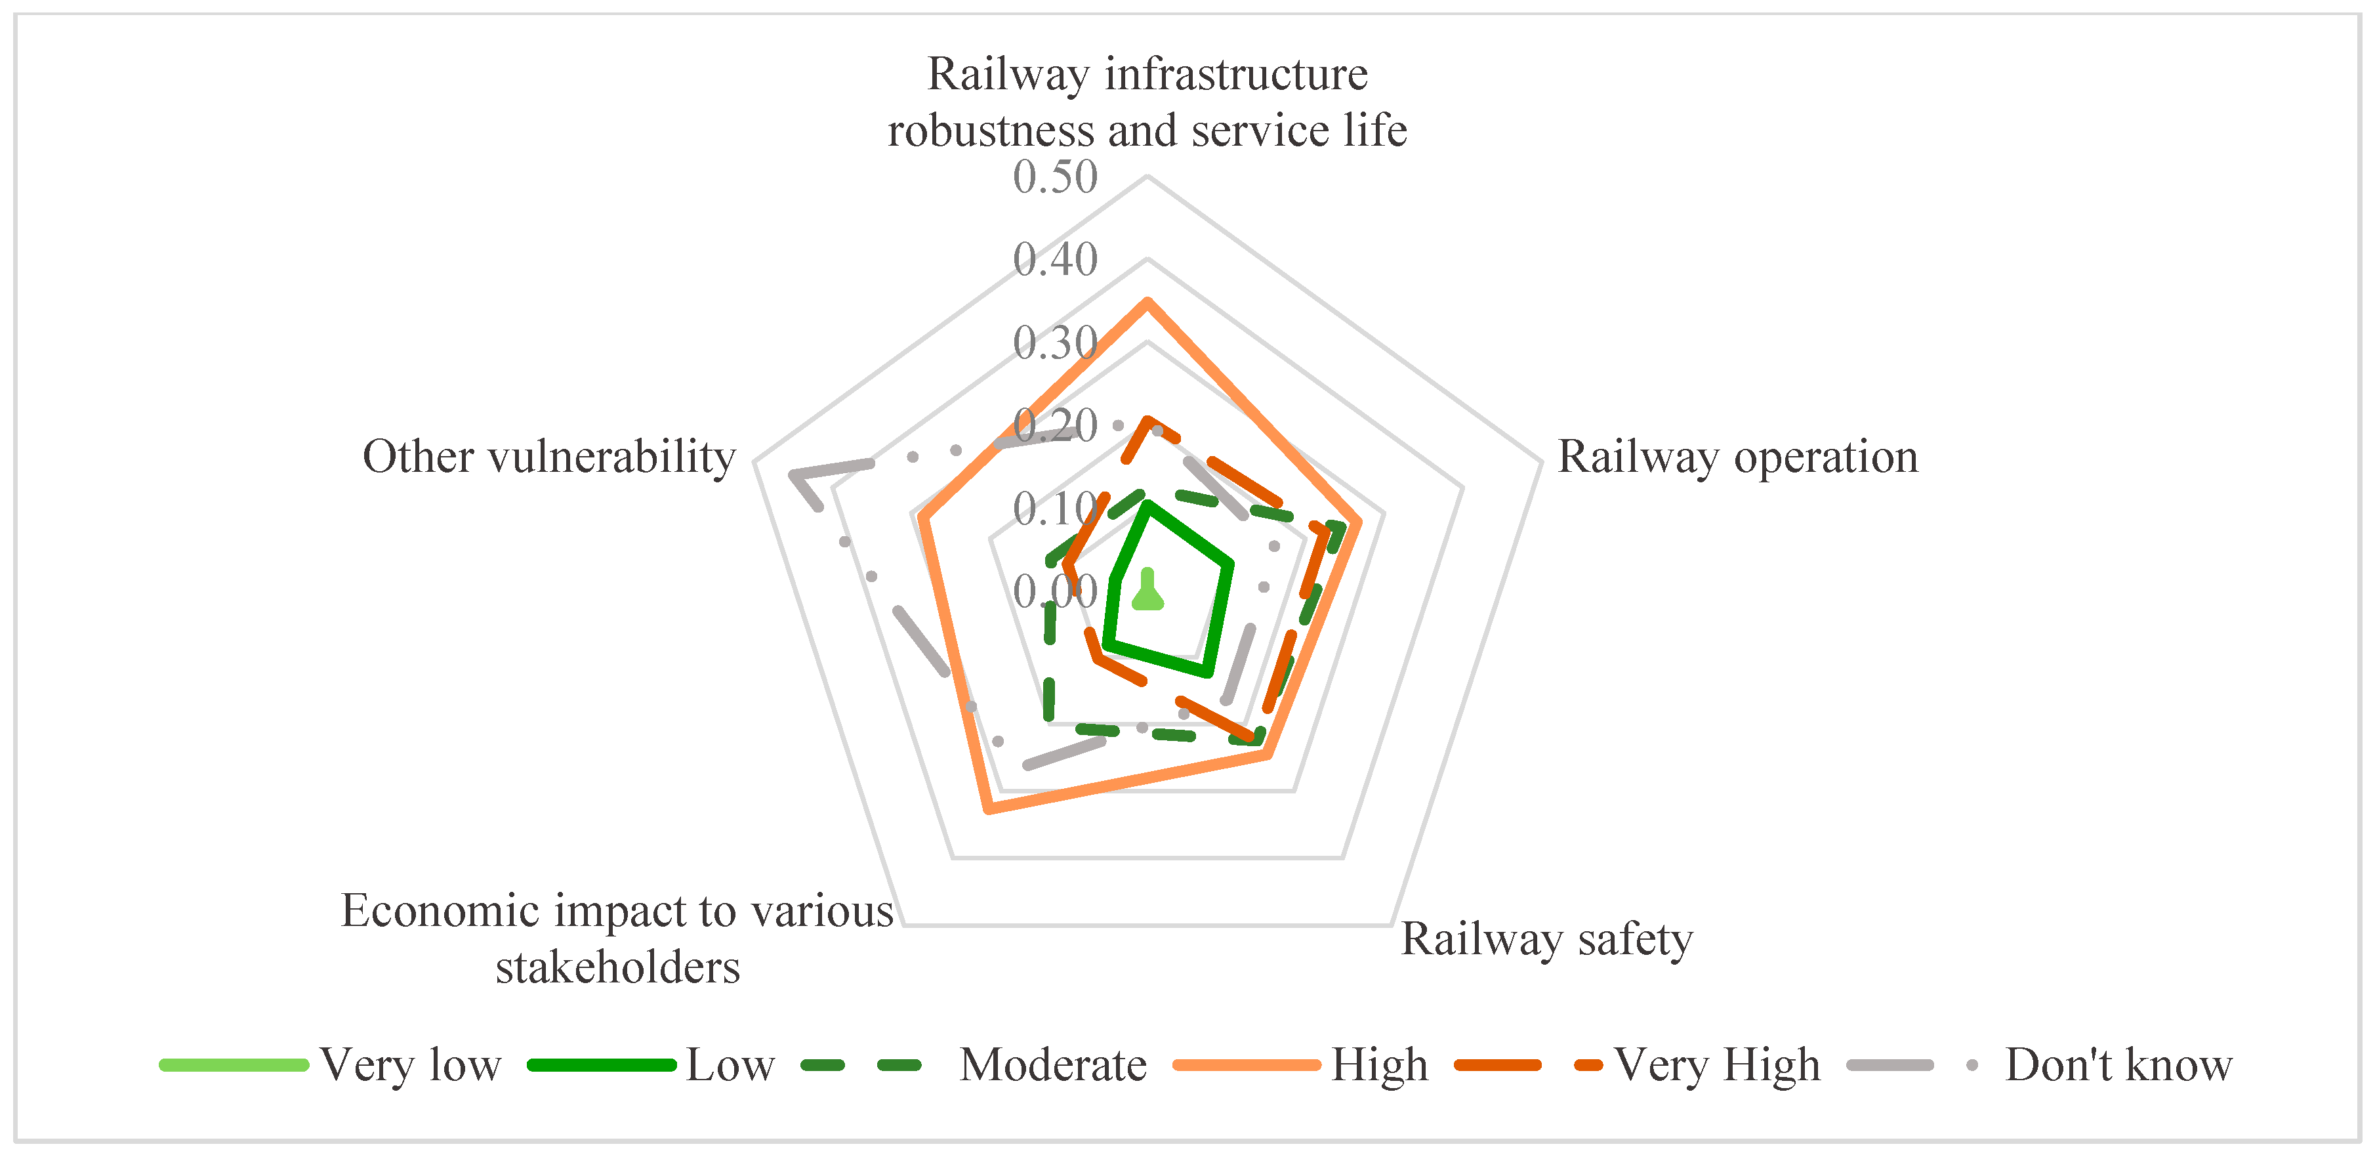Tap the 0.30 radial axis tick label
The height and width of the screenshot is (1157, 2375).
[1055, 343]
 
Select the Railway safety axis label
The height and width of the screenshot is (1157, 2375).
[1546, 938]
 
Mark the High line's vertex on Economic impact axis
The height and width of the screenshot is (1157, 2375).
[988, 810]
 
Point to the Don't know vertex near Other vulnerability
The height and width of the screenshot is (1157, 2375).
[794, 474]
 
